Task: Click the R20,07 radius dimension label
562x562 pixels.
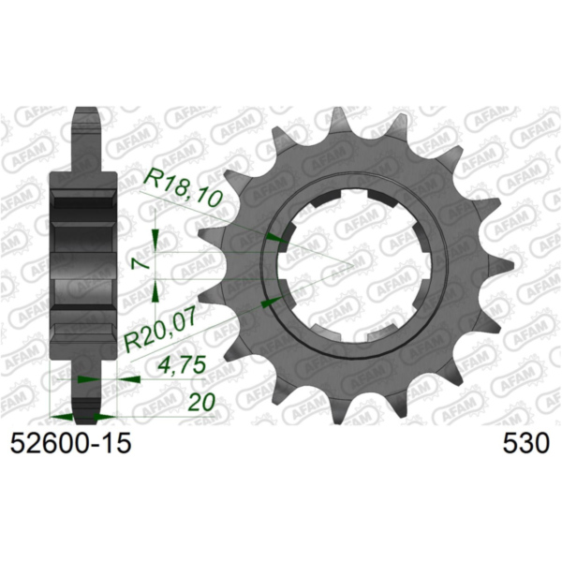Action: click(159, 333)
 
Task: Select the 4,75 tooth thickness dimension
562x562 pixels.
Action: click(183, 366)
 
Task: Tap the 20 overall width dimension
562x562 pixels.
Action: click(201, 402)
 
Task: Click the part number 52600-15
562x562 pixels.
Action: click(70, 443)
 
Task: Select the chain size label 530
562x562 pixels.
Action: click(525, 443)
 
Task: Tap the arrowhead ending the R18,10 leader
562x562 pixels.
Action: click(275, 238)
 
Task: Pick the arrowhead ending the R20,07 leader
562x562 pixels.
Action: click(272, 303)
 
